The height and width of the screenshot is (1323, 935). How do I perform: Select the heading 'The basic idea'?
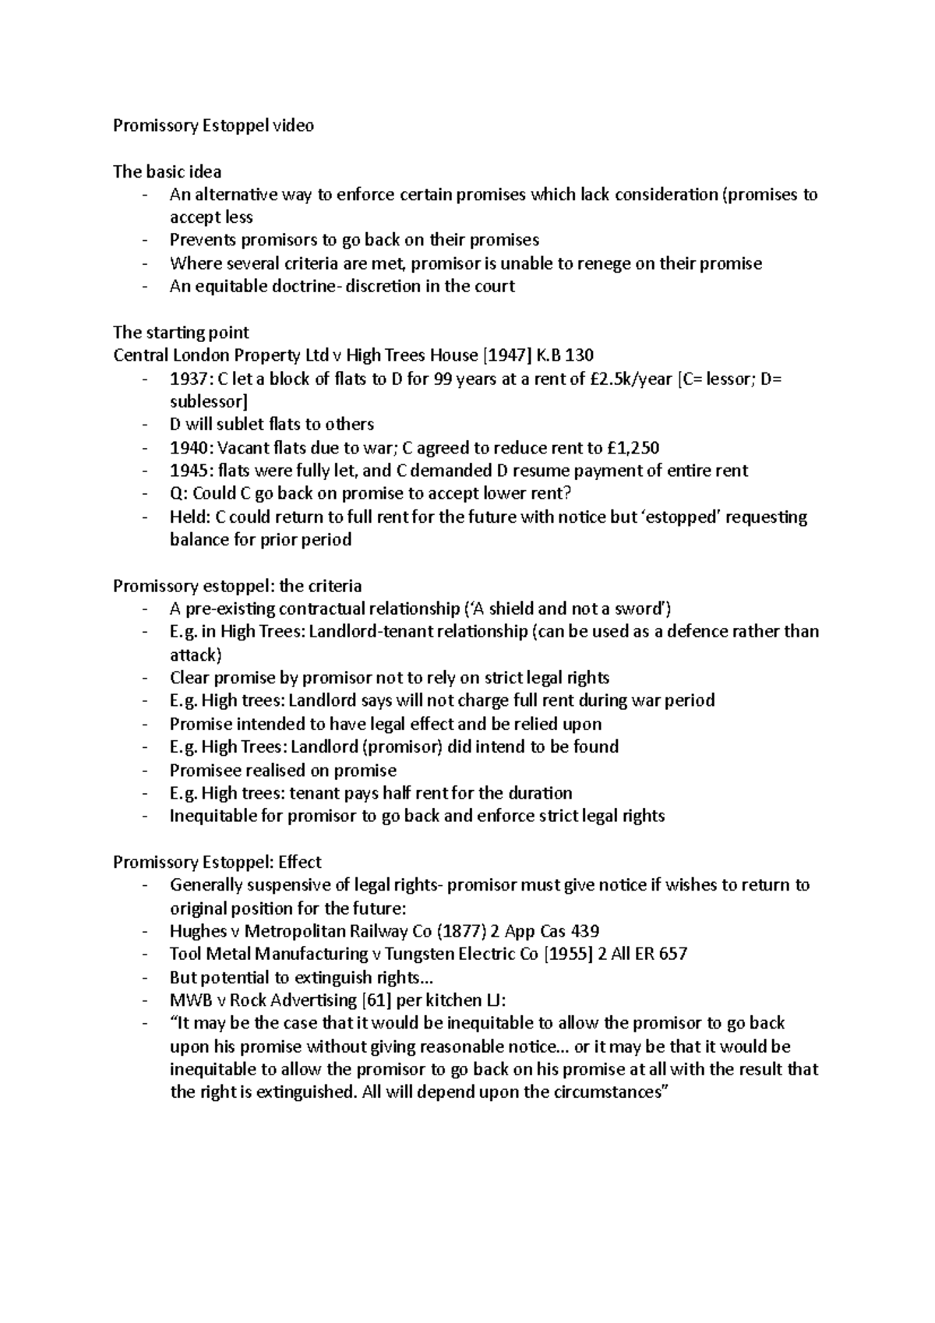pyautogui.click(x=167, y=171)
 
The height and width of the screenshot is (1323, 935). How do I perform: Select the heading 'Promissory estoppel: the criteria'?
pyautogui.click(x=237, y=585)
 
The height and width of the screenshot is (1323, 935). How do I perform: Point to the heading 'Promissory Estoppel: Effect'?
pyautogui.click(x=217, y=862)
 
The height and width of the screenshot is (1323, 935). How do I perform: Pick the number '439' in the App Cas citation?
pyautogui.click(x=584, y=931)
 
